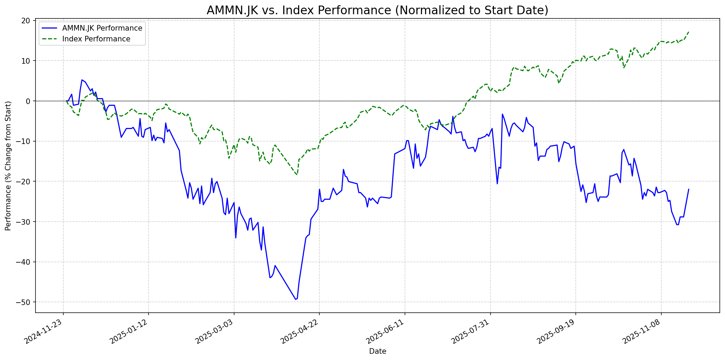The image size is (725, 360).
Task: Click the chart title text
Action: click(377, 10)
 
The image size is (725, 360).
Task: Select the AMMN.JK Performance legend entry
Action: click(102, 28)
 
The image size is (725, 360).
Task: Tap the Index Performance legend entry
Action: click(96, 39)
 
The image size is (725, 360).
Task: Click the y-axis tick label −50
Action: click(23, 302)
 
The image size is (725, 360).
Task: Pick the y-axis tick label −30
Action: click(23, 222)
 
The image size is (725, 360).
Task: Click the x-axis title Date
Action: click(377, 351)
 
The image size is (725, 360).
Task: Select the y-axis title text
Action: click(8, 166)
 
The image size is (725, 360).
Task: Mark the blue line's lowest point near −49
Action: click(296, 299)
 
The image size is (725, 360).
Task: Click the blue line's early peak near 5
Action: click(82, 80)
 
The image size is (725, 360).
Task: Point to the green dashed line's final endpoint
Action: click(688, 32)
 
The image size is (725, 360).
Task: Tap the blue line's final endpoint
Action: click(688, 189)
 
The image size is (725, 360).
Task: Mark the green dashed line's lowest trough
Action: click(297, 175)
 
